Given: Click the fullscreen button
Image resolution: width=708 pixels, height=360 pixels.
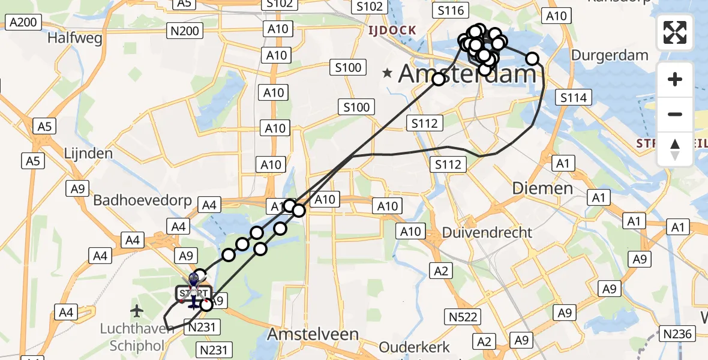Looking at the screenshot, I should click(675, 32).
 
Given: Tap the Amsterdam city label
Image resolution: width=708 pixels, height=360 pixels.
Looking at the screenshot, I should click(467, 74).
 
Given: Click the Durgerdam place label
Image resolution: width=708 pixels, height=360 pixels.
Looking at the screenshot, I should click(610, 56).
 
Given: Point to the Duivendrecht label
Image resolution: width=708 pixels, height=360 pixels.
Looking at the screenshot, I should click(487, 232).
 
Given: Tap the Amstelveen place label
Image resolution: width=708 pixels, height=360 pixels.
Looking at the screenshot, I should click(313, 334).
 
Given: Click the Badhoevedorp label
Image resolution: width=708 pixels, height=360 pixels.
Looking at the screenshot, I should click(142, 200).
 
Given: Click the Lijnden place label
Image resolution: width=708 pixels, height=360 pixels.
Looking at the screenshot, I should click(88, 153).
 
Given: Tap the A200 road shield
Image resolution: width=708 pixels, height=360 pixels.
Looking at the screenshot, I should click(23, 23).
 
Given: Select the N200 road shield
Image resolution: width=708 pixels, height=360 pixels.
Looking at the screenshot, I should click(184, 31).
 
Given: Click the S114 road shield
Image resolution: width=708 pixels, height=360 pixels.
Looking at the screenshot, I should click(574, 97).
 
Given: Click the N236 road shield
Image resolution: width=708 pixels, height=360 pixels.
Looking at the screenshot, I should click(677, 334).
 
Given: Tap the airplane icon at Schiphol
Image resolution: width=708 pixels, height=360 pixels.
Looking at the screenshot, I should click(137, 311).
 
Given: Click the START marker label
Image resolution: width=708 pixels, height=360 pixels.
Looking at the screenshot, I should click(193, 293).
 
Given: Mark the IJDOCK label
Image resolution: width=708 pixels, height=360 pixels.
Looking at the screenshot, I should click(392, 30).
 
